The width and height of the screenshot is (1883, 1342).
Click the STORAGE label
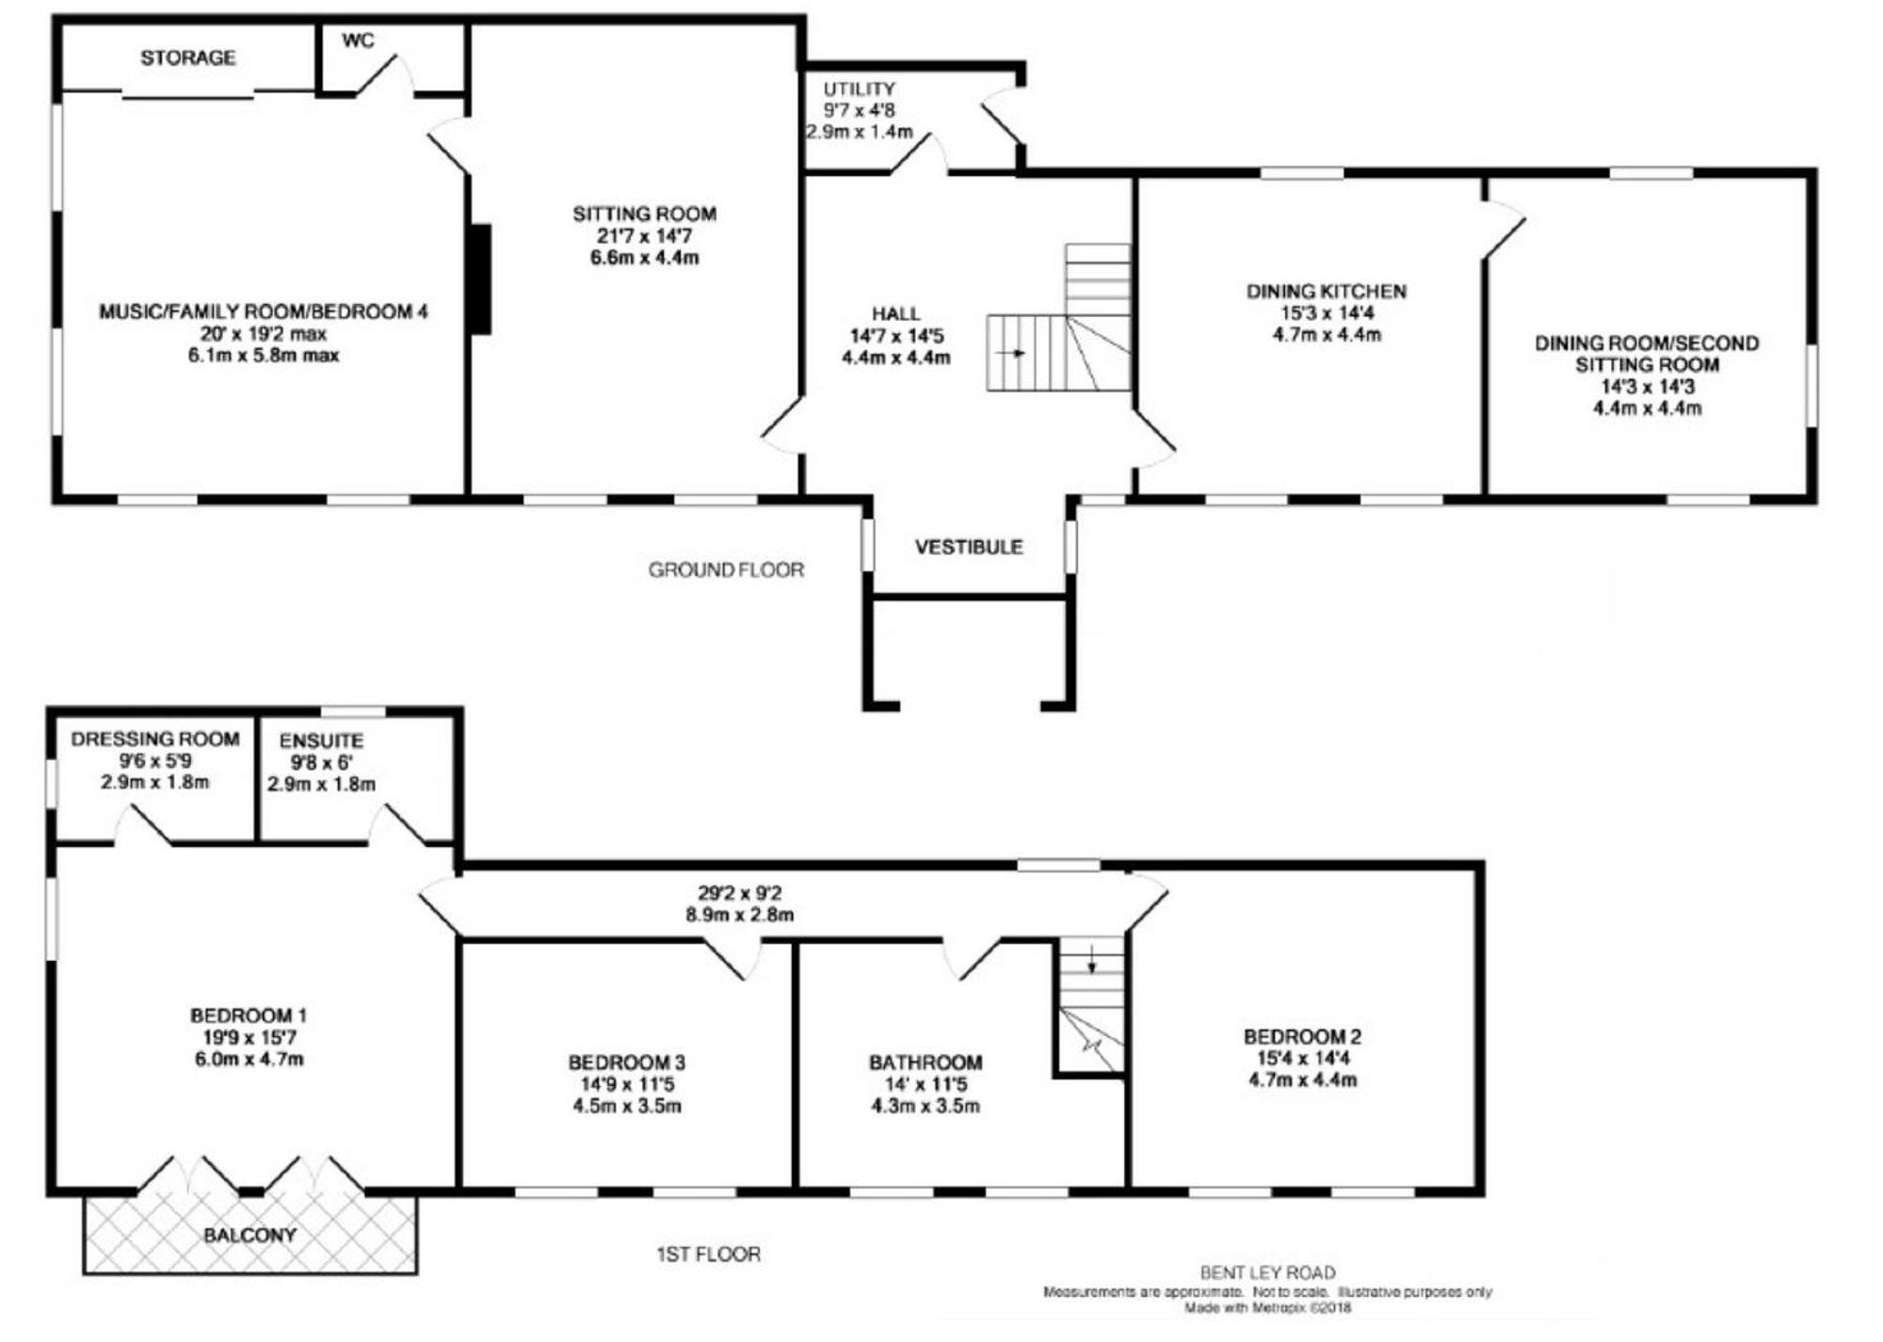(187, 57)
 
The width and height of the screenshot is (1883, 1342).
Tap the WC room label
(358, 40)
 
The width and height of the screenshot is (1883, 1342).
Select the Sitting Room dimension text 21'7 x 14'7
(644, 236)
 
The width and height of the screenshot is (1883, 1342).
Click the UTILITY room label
(859, 89)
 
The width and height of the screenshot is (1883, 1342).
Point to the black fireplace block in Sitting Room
(481, 279)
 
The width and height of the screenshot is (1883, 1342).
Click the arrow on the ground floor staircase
(1015, 353)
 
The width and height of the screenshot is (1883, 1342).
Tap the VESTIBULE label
(969, 547)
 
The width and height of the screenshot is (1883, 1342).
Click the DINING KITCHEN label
(1327, 292)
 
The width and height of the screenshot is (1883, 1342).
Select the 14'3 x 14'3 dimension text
(1647, 387)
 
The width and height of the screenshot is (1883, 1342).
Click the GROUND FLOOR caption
(726, 569)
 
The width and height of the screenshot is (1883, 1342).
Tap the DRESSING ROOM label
(155, 740)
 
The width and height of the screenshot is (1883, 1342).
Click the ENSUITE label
(321, 742)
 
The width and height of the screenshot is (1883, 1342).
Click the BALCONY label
(249, 1235)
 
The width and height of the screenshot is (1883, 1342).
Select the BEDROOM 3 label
(626, 1062)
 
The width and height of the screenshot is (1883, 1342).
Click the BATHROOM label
(925, 1062)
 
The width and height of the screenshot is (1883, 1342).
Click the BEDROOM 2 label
(1302, 1037)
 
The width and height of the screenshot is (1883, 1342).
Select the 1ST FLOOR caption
(708, 1254)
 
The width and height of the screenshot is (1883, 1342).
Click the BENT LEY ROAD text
(1267, 1273)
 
